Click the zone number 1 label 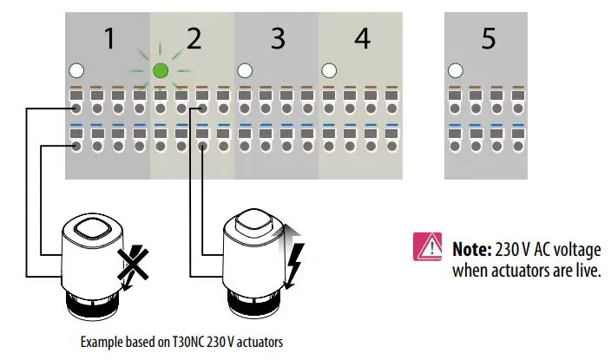(108, 39)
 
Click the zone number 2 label (194, 39)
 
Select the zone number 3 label (277, 39)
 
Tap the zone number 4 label (362, 39)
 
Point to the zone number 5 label (489, 39)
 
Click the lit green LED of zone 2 (160, 70)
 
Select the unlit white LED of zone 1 (76, 70)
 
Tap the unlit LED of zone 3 (245, 70)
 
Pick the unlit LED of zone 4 (329, 70)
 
